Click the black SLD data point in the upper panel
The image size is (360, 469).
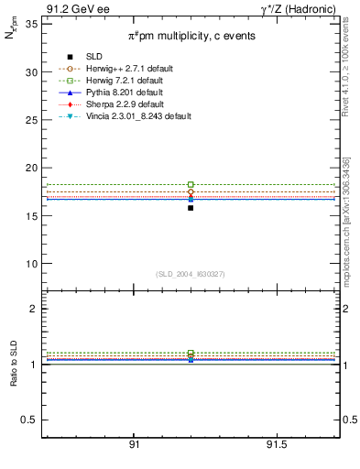(191, 208)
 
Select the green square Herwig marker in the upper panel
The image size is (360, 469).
(191, 185)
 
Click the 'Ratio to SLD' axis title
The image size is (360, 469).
(13, 363)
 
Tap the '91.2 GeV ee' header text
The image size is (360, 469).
(71, 8)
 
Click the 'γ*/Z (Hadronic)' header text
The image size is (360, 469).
(302, 8)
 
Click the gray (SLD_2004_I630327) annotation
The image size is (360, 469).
(191, 274)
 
